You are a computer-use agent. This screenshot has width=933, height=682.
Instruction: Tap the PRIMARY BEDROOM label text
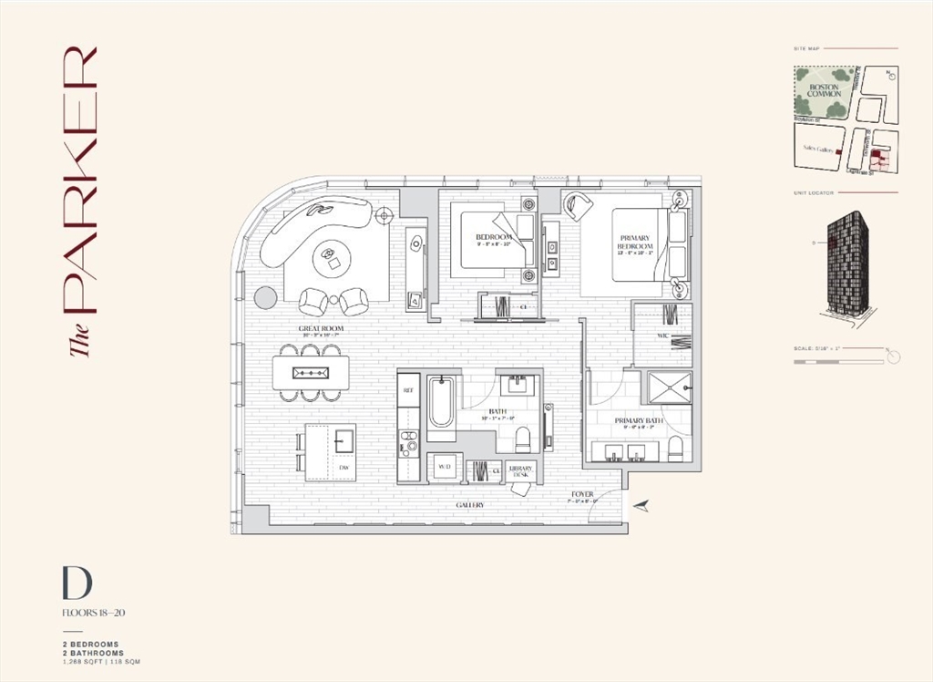click(x=635, y=243)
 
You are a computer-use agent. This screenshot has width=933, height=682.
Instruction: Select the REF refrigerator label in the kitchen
click(x=408, y=389)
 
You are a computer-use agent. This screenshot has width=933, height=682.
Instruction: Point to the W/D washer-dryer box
click(x=445, y=467)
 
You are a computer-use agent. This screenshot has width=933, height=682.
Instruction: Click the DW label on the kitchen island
click(x=343, y=467)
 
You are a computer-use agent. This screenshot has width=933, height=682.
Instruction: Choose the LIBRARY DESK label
click(x=520, y=470)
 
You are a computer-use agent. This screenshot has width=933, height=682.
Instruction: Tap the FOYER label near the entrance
click(x=582, y=495)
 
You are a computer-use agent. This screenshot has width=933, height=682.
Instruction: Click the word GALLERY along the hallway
click(x=470, y=504)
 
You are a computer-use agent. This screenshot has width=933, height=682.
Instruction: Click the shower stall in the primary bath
click(x=669, y=387)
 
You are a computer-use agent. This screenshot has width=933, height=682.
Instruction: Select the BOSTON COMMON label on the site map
click(x=824, y=89)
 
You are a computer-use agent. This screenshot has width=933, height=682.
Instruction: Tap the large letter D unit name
click(x=77, y=584)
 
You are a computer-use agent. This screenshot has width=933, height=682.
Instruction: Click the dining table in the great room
click(x=311, y=372)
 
